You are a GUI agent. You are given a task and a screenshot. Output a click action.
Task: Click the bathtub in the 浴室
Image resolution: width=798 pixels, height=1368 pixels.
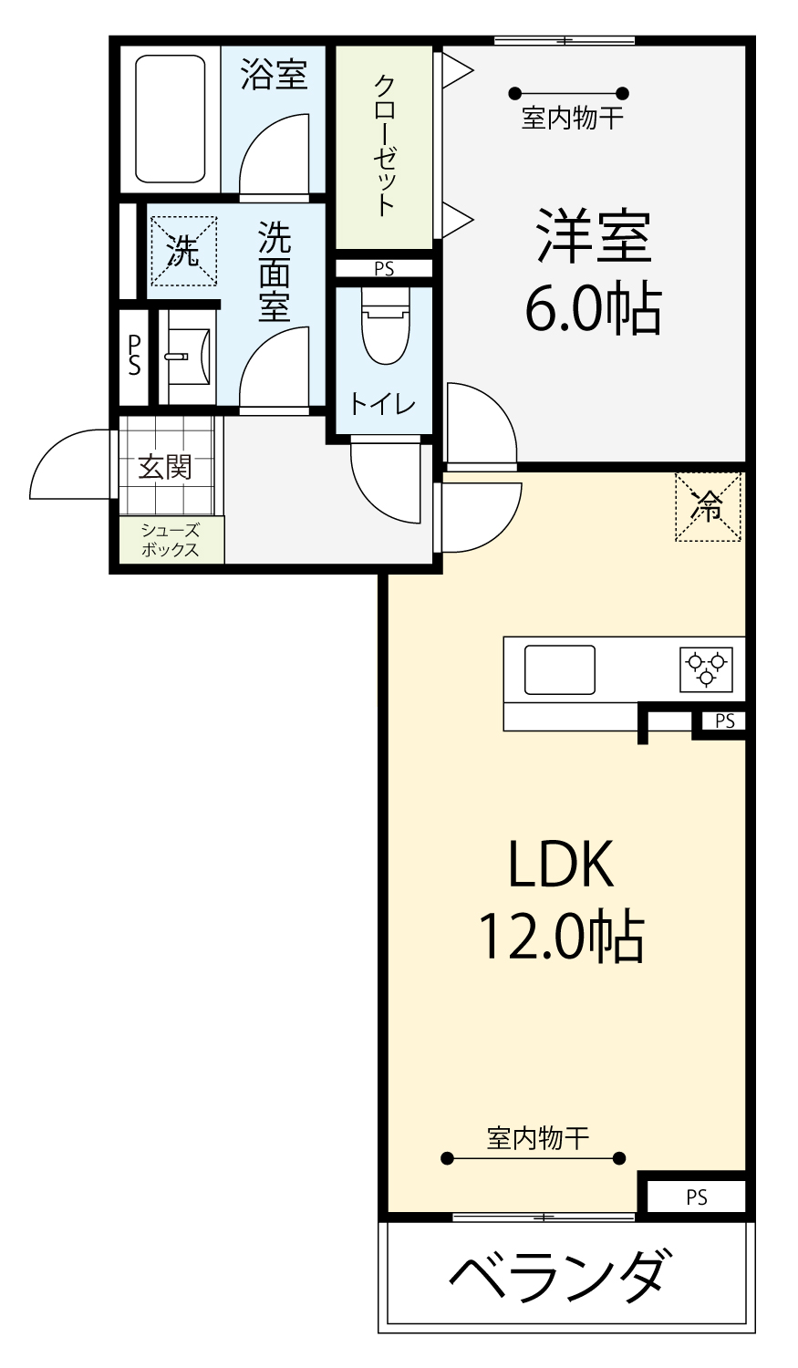[x=171, y=119]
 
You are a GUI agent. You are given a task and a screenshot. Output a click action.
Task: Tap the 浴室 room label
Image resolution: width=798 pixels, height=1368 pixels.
[x=274, y=74]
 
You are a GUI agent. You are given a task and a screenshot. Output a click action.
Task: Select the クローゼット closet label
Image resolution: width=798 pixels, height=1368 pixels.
[x=385, y=145]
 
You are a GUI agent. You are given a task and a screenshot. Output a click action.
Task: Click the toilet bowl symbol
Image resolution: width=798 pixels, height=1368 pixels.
[x=385, y=326]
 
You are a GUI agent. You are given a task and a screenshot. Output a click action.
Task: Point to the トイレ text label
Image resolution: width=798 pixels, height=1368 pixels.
[x=383, y=404]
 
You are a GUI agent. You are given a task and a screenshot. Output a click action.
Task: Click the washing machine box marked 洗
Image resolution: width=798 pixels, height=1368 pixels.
[x=184, y=251]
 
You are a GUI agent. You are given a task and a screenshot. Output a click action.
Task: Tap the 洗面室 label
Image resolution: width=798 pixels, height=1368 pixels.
[x=275, y=271]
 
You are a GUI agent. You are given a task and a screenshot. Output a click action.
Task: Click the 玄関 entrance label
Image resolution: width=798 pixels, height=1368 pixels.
[x=165, y=467]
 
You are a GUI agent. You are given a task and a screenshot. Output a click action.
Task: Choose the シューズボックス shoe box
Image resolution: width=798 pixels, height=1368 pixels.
[x=171, y=540]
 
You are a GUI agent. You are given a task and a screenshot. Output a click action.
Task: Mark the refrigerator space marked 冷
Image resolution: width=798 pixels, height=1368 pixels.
[x=708, y=507]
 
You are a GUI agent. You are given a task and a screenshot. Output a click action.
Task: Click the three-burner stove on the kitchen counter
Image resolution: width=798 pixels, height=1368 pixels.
[x=707, y=669]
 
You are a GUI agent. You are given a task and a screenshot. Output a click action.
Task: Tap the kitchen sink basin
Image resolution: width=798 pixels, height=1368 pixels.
[x=560, y=669]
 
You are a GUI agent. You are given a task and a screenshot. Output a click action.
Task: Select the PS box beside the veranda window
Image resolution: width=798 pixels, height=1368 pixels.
[x=696, y=1197]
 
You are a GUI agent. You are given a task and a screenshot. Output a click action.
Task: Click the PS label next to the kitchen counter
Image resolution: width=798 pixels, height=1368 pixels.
[x=725, y=720]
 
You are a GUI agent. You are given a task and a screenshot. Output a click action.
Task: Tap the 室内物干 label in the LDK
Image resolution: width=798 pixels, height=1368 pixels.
[x=538, y=1138]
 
